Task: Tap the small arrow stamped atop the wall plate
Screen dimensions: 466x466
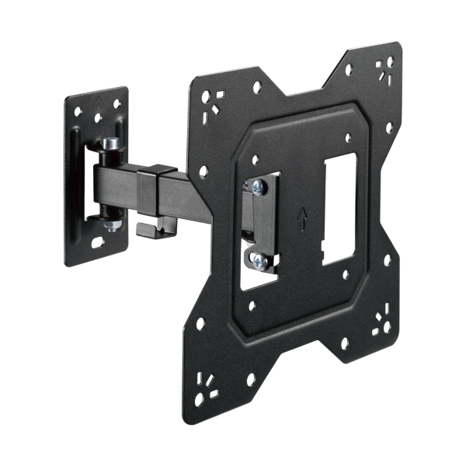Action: pyautogui.click(x=98, y=100)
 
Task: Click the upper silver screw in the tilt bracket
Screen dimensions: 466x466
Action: pyautogui.click(x=256, y=186)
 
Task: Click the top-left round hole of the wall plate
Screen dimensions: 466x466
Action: pyautogui.click(x=78, y=112)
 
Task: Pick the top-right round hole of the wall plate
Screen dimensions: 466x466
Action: pyautogui.click(x=116, y=103)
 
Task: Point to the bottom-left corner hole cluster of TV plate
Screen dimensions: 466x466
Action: pyautogui.click(x=207, y=389)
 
